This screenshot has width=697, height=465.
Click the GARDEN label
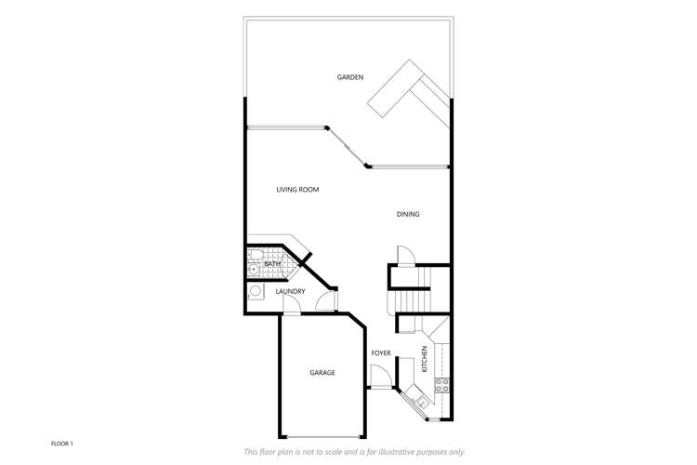pyautogui.click(x=350, y=77)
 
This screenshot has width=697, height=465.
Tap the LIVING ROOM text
pyautogui.click(x=297, y=190)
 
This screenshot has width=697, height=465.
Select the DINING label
pyautogui.click(x=408, y=215)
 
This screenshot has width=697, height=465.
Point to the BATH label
pyautogui.click(x=272, y=264)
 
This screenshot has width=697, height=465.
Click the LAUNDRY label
pyautogui.click(x=290, y=292)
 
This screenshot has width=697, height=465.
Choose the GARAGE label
pyautogui.click(x=322, y=373)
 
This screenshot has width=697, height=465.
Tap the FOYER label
pyautogui.click(x=381, y=353)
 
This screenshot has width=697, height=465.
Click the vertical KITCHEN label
pyautogui.click(x=425, y=359)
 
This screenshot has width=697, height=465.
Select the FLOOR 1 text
pyautogui.click(x=62, y=444)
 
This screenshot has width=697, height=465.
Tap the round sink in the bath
pyautogui.click(x=253, y=271)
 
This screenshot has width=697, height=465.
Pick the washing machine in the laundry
pyautogui.click(x=256, y=291)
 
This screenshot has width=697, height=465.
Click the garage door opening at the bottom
pyautogui.click(x=322, y=436)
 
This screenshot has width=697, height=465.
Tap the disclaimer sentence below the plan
pyautogui.click(x=354, y=452)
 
